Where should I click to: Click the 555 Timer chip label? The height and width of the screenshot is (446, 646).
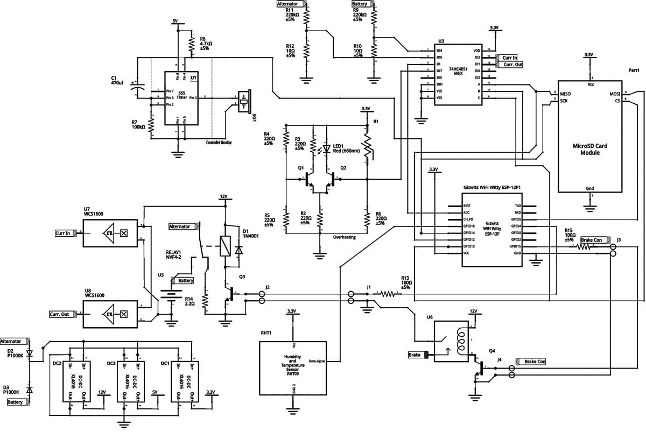tap(182, 95)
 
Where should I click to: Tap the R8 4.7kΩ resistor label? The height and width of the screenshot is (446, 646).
tap(206, 44)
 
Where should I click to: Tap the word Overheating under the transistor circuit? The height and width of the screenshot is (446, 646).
tap(345, 237)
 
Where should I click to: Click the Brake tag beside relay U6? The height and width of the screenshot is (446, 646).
tap(414, 355)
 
